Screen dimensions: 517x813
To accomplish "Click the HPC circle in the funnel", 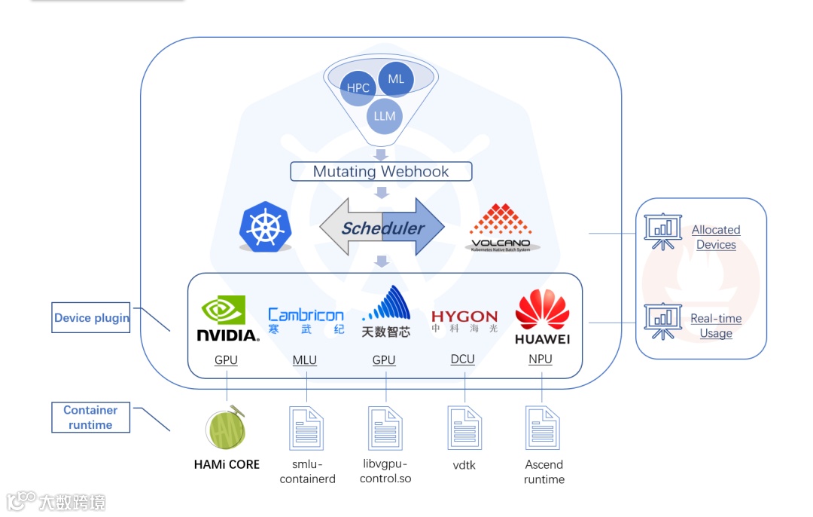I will click(358, 88).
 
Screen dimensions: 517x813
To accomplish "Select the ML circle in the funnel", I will click(396, 79).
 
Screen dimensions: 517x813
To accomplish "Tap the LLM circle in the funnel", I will click(385, 116).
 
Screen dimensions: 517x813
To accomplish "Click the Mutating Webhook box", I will click(381, 171).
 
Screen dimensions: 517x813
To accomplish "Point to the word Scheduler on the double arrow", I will click(382, 228).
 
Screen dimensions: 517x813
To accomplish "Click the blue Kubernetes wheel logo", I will click(265, 226).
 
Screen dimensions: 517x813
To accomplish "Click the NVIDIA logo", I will click(227, 320).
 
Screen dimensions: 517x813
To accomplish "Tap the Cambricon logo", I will click(306, 320).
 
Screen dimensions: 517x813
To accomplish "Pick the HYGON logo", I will click(464, 321).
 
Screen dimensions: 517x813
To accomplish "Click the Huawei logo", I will click(542, 318).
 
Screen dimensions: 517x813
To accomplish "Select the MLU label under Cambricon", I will click(305, 360).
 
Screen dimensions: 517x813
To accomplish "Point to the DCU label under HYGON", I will click(463, 359).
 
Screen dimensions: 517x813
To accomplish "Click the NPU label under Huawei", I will click(540, 359).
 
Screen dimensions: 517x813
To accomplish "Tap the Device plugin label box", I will click(91, 318).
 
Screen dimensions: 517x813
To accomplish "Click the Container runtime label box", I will click(90, 418).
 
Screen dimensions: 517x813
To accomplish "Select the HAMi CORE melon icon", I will click(226, 428).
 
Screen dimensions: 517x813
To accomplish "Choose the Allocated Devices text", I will click(716, 237).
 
